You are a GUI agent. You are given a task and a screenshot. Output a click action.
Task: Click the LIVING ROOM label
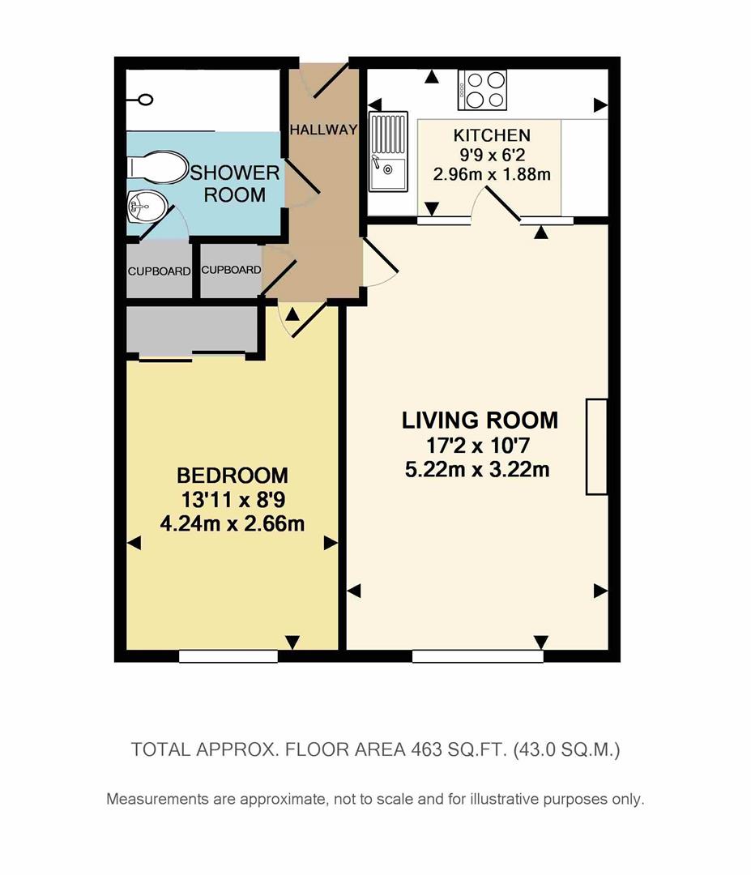coord(480,420)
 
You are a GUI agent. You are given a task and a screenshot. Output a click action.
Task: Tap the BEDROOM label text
coord(233,475)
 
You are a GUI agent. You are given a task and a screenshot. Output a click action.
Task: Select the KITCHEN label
coord(491,135)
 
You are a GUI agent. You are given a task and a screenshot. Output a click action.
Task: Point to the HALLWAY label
coord(323,130)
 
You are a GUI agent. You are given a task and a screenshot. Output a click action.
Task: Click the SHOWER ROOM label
coord(234,184)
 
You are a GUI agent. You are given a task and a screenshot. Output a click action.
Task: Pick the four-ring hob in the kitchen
coord(483,89)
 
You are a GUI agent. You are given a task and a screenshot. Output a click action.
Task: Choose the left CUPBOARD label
coord(159,271)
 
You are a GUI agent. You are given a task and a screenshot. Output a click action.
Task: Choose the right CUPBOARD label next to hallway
coord(231,271)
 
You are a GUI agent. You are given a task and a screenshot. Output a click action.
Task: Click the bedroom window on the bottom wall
coord(228,656)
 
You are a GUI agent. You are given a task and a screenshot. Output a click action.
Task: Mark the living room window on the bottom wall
coord(477,656)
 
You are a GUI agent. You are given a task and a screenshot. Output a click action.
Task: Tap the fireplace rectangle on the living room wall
coord(596,446)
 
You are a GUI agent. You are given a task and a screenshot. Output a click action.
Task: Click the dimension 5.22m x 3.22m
coord(480,468)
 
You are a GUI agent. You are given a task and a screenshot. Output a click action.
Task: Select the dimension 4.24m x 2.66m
coord(233,523)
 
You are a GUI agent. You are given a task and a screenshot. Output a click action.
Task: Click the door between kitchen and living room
coord(502,203)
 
